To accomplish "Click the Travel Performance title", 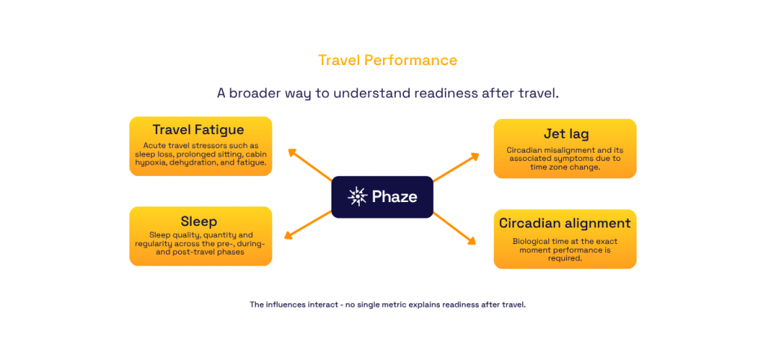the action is (x=388, y=60).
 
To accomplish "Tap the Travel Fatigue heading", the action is (x=198, y=130).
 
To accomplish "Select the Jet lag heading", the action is (x=565, y=133).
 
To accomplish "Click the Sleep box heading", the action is (x=199, y=222).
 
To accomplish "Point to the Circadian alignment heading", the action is (x=565, y=223).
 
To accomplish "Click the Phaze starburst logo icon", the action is (x=357, y=196).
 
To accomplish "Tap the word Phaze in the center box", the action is (x=394, y=197).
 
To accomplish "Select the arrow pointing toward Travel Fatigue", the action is (x=310, y=165).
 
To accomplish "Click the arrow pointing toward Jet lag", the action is (x=456, y=168).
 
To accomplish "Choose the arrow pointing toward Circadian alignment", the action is (x=454, y=228).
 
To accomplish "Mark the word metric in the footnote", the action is (x=401, y=305).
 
